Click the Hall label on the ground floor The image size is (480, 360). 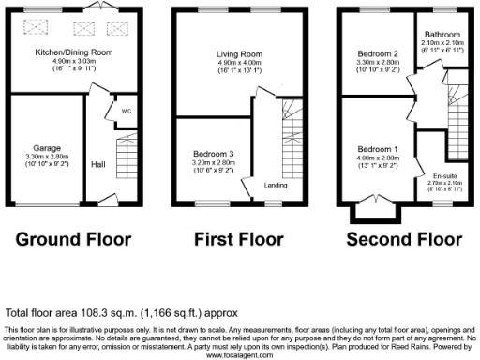pos(97,164)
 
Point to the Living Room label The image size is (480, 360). pos(231,55)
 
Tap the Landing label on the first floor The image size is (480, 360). pos(276,184)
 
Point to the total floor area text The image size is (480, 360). pos(122,312)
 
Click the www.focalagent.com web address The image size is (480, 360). pos(240,355)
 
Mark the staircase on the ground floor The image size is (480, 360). pos(124,159)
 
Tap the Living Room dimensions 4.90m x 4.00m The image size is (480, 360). pos(231,64)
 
